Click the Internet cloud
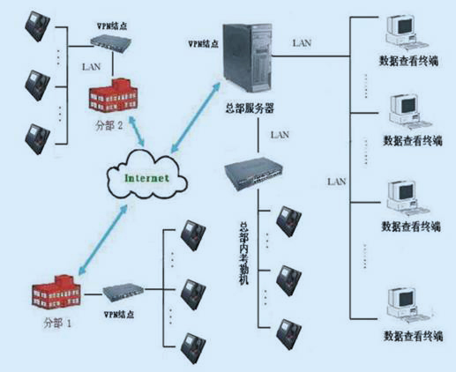(x=147, y=176)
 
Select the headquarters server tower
(x=247, y=58)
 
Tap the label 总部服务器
(x=250, y=108)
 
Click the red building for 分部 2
(x=113, y=94)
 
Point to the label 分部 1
(x=57, y=324)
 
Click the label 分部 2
(x=109, y=126)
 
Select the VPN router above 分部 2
(x=110, y=43)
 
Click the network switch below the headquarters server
(x=254, y=174)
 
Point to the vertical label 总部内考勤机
(x=243, y=253)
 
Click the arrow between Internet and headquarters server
(x=196, y=117)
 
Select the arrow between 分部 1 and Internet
(x=103, y=240)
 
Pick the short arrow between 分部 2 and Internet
(x=137, y=131)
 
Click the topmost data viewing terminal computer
(x=405, y=33)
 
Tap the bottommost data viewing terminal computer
(x=408, y=308)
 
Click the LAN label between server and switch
(x=280, y=135)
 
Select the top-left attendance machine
(x=37, y=26)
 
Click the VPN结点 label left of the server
(x=204, y=44)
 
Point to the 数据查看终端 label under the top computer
(x=409, y=61)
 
